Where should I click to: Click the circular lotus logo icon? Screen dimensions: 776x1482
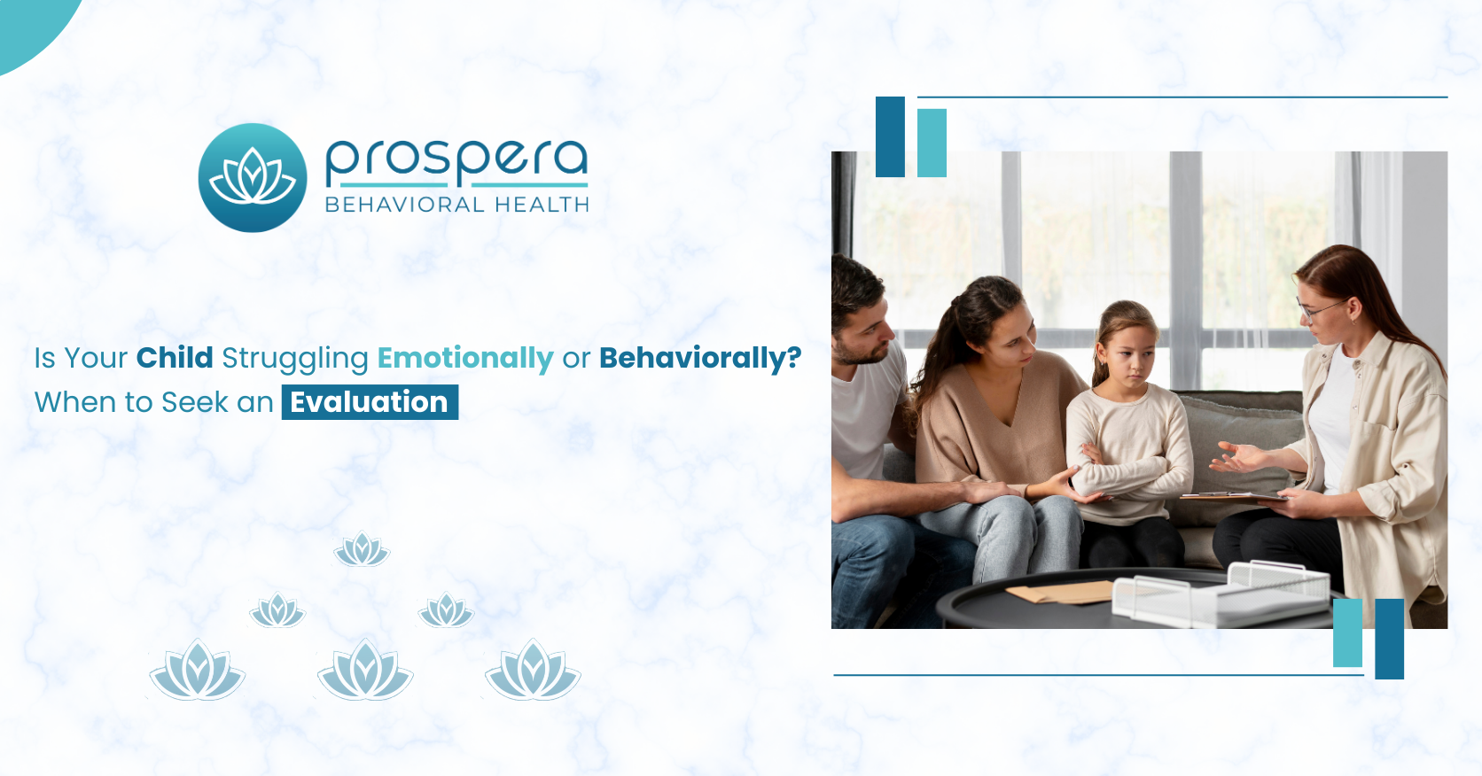click(x=253, y=177)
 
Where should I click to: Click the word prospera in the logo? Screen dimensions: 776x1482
click(x=456, y=159)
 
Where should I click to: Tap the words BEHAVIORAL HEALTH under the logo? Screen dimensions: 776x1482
click(x=456, y=205)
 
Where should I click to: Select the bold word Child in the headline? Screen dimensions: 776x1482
click(x=175, y=358)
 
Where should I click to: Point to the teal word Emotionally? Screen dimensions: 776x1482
click(x=465, y=358)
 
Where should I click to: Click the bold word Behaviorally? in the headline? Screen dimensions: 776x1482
click(x=700, y=358)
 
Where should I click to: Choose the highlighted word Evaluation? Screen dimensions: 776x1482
click(x=370, y=402)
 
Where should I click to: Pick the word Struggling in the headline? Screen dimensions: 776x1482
click(x=295, y=359)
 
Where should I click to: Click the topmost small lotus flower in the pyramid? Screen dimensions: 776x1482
click(x=362, y=549)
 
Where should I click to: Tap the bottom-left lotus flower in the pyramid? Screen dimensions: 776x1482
click(x=197, y=671)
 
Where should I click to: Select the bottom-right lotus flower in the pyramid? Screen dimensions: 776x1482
click(x=533, y=671)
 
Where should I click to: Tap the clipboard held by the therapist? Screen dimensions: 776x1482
click(x=1232, y=497)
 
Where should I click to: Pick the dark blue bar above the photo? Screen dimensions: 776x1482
click(x=890, y=136)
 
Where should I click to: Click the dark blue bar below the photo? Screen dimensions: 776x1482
click(x=1389, y=639)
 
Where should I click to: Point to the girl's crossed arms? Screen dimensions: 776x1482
click(x=1126, y=465)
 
